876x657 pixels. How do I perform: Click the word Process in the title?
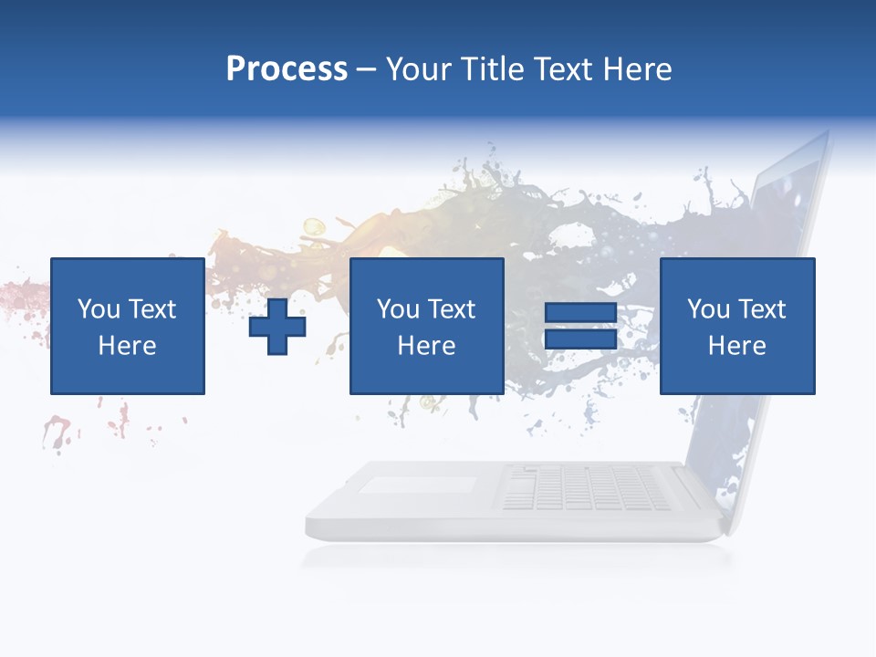[x=287, y=69]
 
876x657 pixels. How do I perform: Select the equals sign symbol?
[x=580, y=326]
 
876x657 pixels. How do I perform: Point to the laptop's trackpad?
[x=417, y=485]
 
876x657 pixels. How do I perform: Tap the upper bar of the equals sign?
[x=580, y=313]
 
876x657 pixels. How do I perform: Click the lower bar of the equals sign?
[x=580, y=339]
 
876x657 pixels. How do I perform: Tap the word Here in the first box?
[x=127, y=346]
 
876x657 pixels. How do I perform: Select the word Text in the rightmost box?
[x=761, y=309]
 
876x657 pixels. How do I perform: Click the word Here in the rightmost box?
[x=737, y=346]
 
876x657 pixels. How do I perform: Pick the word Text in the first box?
[x=151, y=309]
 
